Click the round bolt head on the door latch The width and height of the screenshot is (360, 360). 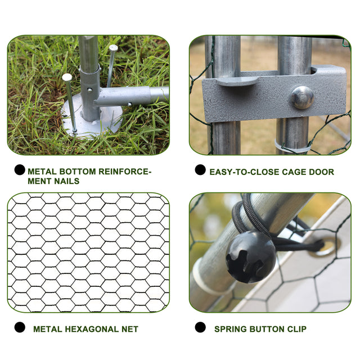303,97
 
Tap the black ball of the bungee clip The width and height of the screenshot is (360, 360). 250,257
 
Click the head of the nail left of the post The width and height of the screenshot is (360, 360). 67,77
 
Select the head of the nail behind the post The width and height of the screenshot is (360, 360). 114,48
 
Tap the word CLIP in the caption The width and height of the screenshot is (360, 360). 296,329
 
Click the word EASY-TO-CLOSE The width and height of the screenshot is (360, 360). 245,172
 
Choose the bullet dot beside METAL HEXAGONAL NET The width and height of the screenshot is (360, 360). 20,327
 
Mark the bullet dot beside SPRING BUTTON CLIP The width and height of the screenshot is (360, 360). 200,327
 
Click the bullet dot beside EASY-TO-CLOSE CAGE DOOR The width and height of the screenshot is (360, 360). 200,170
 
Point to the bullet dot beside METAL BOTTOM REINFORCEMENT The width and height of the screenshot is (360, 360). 20,170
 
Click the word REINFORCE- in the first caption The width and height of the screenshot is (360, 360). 125,172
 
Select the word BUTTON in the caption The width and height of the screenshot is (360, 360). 267,329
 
